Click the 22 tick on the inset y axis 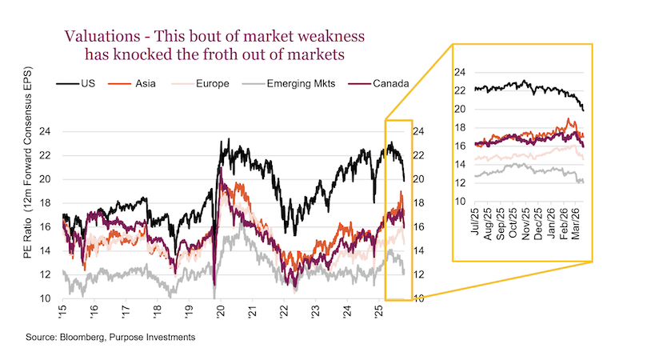459,90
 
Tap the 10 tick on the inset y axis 459,201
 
